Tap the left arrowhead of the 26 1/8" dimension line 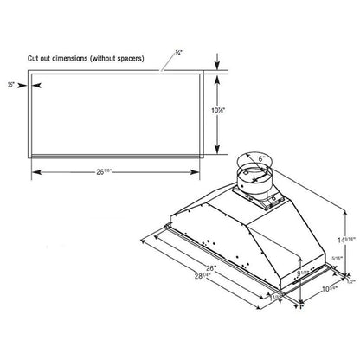[x=35, y=170]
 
